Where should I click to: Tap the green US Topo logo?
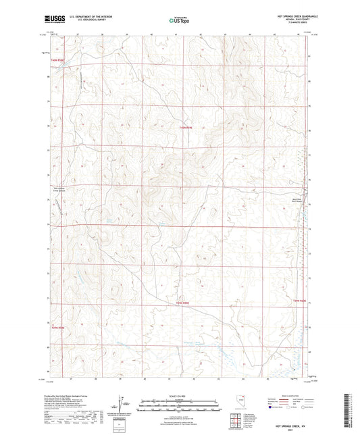179,21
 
